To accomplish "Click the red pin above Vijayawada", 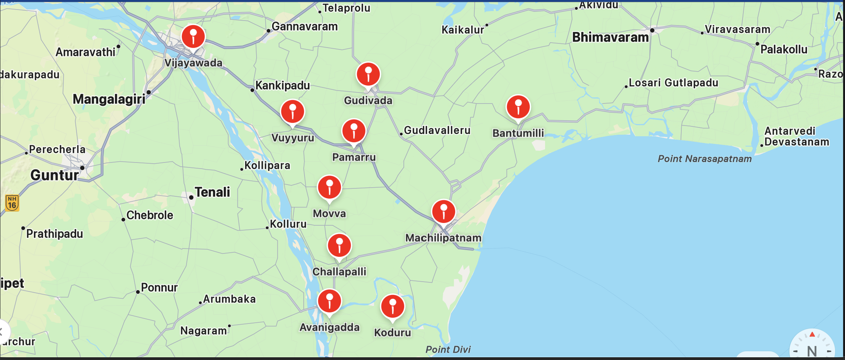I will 193,37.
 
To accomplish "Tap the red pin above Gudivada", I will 368,74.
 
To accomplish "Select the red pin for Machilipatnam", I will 443,212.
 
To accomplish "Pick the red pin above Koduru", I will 392,306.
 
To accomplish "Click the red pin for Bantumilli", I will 518,107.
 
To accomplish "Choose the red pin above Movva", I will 329,187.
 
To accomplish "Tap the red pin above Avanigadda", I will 329,301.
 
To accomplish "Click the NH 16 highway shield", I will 12,203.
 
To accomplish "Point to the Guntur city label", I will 54,175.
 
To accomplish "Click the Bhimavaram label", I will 610,37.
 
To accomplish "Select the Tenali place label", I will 212,192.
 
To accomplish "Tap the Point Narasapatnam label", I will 705,159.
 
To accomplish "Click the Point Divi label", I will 448,349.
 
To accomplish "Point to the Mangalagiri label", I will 109,99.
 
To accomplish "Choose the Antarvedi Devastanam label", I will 796,136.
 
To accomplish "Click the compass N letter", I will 812,350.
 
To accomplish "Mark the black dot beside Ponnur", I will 138,292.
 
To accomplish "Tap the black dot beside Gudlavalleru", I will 401,134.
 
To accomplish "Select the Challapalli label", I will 339,272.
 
